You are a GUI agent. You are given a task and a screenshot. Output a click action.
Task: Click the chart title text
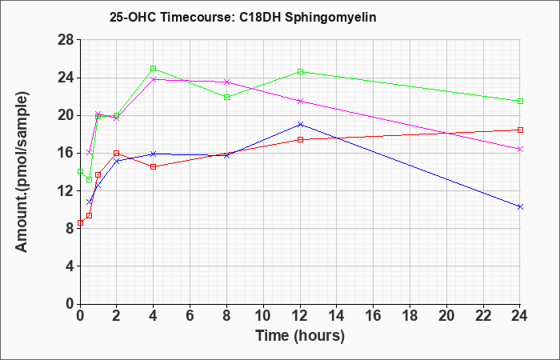tap(243, 17)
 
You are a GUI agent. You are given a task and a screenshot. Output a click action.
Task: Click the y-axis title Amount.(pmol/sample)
tap(22, 172)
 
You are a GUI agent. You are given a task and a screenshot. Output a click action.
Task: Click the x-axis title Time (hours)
tap(300, 337)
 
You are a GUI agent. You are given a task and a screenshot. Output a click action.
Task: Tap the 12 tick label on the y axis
tap(66, 190)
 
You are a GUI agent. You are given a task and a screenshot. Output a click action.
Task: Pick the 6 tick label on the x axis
tap(190, 316)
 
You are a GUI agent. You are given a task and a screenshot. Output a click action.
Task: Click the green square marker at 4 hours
tap(154, 68)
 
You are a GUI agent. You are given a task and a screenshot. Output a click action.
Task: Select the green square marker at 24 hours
tap(520, 101)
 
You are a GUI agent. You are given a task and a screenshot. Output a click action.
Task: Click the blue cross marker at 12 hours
tap(300, 124)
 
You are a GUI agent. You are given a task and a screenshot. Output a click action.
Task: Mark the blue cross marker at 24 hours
tap(520, 206)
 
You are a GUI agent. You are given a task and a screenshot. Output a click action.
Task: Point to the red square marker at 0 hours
tap(80, 223)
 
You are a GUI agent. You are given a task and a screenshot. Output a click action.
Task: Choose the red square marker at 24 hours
tap(520, 130)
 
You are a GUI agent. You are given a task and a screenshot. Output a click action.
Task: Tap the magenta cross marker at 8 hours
tap(226, 82)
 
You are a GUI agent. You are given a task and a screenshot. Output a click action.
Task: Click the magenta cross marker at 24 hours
tap(520, 150)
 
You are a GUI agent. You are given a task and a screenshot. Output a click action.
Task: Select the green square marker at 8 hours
tap(226, 97)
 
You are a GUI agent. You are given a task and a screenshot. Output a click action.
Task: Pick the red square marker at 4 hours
tap(154, 166)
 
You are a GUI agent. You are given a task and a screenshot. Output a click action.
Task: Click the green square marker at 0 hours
tap(80, 171)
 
